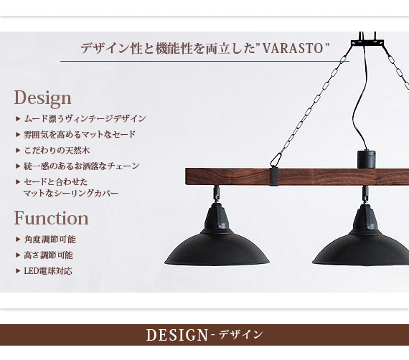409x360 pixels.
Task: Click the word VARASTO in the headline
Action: pyautogui.click(x=293, y=49)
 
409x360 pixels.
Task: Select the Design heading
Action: pyautogui.click(x=42, y=98)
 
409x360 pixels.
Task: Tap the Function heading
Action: pyautogui.click(x=51, y=218)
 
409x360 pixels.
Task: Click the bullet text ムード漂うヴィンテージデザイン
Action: pyautogui.click(x=85, y=119)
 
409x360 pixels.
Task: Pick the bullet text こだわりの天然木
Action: pyautogui.click(x=57, y=151)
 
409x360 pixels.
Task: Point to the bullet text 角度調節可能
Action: pyautogui.click(x=50, y=240)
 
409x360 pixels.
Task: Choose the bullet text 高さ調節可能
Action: pyautogui.click(x=49, y=255)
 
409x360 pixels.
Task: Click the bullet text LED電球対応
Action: pyautogui.click(x=48, y=271)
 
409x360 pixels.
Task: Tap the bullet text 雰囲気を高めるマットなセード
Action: pyautogui.click(x=80, y=135)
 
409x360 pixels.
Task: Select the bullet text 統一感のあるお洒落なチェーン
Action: pyautogui.click(x=82, y=166)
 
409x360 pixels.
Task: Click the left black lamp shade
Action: pyautogui.click(x=217, y=247)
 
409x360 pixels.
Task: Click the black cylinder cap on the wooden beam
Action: pyautogui.click(x=366, y=159)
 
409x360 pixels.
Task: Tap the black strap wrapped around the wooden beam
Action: pyautogui.click(x=274, y=176)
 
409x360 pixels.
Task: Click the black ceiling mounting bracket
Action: pyautogui.click(x=367, y=42)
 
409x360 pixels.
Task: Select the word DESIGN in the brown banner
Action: pyautogui.click(x=177, y=335)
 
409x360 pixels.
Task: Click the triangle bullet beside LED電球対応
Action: pyautogui.click(x=18, y=271)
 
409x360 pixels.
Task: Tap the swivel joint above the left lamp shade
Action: pyautogui.click(x=217, y=193)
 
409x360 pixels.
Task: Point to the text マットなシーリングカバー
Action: pyautogui.click(x=71, y=194)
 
